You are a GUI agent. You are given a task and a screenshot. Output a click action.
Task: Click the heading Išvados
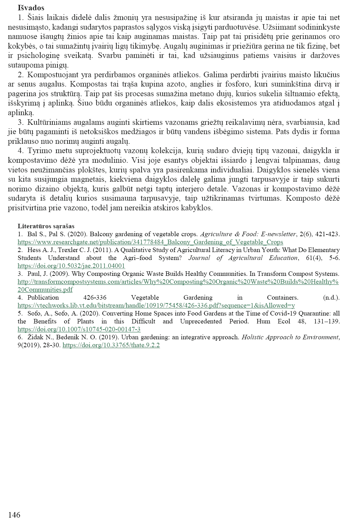(31, 8)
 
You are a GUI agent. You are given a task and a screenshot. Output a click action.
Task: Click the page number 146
(14, 515)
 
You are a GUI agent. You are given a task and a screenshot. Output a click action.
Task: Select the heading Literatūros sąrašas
(46, 226)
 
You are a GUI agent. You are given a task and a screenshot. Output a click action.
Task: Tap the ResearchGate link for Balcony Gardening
(150, 242)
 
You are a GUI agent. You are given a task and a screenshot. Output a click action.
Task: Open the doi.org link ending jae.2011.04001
(71, 266)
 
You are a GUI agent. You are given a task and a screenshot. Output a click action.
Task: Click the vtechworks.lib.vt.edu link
(156, 305)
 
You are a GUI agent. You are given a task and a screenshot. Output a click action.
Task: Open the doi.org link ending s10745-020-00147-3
(79, 329)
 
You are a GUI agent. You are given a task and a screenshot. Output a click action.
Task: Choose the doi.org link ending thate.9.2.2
(111, 345)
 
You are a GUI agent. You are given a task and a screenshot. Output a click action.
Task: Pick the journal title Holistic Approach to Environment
(290, 337)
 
